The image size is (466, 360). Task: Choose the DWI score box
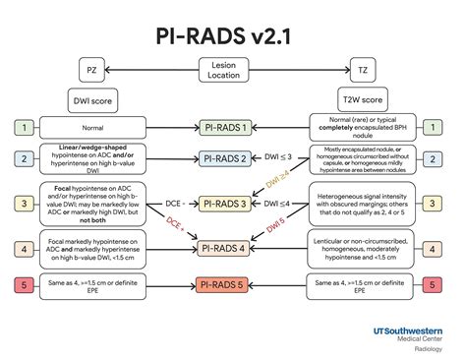coord(94,100)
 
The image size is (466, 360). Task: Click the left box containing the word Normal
coord(94,128)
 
